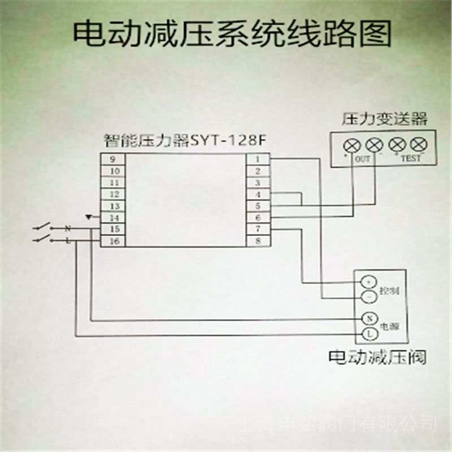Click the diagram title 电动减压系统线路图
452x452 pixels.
pos(232,34)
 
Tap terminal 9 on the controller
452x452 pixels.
pos(113,159)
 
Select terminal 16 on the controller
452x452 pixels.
pos(113,241)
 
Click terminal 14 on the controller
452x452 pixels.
pos(113,218)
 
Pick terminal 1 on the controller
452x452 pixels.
pos(258,159)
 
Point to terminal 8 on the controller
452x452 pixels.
pos(258,241)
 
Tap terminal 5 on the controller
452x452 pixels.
pos(258,206)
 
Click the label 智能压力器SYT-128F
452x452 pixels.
pos(177,139)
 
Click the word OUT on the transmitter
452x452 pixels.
pos(363,159)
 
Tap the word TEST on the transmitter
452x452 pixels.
pos(411,159)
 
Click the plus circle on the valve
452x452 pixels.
pos(368,281)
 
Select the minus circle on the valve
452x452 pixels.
pos(368,296)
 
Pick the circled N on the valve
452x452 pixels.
pos(368,319)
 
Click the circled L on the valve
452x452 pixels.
pos(368,333)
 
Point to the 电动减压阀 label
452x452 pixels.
pos(377,357)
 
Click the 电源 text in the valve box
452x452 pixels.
pos(390,327)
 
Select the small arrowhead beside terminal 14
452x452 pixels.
pos(88,216)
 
